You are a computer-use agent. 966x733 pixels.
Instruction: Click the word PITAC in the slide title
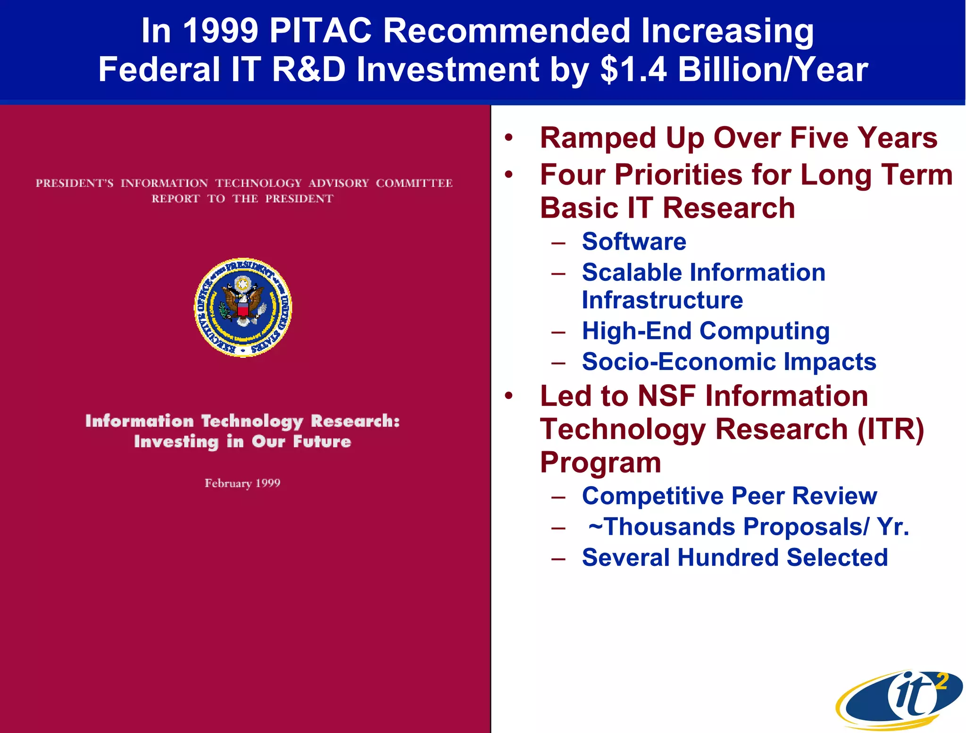click(320, 31)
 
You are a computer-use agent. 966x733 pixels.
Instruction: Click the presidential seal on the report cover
click(243, 307)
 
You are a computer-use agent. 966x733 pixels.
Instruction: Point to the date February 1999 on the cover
click(242, 483)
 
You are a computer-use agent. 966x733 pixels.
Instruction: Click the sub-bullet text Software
click(634, 242)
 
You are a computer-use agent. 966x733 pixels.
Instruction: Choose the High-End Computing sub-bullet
click(706, 331)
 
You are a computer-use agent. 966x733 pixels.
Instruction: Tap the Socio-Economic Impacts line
click(729, 362)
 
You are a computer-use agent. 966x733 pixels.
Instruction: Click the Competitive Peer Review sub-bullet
click(729, 496)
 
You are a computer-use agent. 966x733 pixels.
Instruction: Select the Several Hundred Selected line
click(735, 557)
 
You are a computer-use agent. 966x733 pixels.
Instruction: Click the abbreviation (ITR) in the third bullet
click(891, 429)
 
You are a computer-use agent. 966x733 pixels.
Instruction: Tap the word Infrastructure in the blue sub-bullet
click(662, 300)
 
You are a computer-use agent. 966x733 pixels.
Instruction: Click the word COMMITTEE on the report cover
click(414, 183)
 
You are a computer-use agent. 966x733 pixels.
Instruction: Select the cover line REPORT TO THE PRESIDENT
click(242, 199)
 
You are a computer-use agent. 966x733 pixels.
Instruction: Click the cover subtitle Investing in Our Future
click(242, 442)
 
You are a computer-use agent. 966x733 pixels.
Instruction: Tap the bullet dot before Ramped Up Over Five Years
click(508, 138)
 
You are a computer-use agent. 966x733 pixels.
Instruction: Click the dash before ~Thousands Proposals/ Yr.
click(558, 528)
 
